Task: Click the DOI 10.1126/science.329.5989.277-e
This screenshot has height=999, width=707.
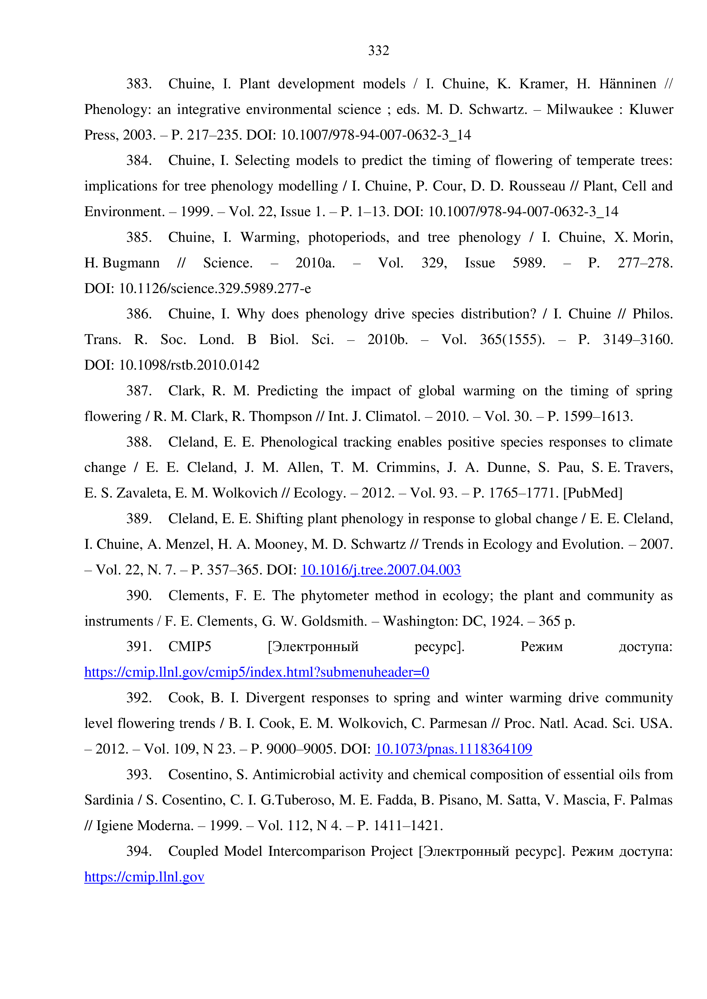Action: [x=215, y=288]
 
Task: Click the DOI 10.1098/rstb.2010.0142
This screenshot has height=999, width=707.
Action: [x=189, y=365]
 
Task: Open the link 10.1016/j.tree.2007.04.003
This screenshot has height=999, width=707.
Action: [x=380, y=570]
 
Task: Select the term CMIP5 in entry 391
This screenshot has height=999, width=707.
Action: [x=190, y=646]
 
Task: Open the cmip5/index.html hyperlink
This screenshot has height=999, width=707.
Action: [x=256, y=672]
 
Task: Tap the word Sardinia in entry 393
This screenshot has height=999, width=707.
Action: [x=109, y=800]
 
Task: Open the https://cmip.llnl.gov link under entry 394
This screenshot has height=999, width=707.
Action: [x=144, y=877]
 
